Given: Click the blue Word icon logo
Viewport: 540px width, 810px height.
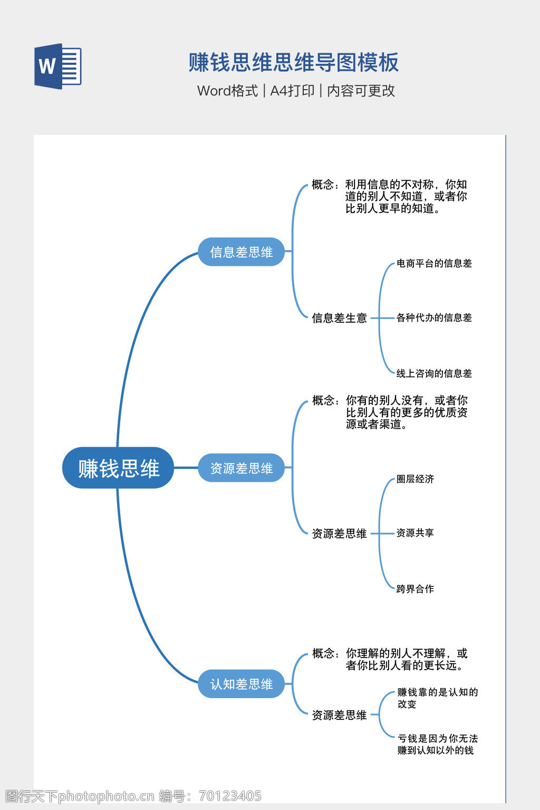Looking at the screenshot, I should click(57, 66).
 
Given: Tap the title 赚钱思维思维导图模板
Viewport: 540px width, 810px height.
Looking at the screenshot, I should click(294, 62).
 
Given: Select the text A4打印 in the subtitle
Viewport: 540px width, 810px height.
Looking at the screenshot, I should click(292, 91).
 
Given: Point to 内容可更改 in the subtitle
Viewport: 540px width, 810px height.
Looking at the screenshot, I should click(361, 91).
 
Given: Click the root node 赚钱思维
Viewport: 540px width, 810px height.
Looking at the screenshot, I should click(118, 468).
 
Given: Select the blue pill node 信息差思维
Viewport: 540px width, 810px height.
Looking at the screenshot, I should click(241, 252).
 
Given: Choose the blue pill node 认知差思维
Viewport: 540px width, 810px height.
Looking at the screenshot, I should click(241, 684).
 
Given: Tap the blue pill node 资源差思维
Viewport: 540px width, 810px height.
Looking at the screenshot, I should click(241, 468).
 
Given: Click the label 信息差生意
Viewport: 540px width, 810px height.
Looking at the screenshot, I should click(339, 318).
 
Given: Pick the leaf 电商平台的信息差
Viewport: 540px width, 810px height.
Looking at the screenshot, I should click(434, 263).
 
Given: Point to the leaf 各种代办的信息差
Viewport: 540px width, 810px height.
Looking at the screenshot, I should click(434, 317).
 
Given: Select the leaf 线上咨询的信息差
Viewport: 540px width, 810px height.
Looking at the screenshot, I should click(434, 373).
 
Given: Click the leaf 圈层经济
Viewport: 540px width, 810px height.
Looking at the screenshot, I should click(415, 479).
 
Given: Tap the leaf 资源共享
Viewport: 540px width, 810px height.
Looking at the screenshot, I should click(415, 533).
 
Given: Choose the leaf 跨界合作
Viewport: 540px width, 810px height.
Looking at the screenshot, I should click(415, 589).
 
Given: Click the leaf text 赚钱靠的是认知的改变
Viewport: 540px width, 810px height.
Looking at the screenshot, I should click(437, 698).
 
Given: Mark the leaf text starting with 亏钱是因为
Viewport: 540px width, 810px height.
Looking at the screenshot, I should click(437, 744).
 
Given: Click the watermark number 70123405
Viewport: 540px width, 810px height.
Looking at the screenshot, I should click(230, 796).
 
